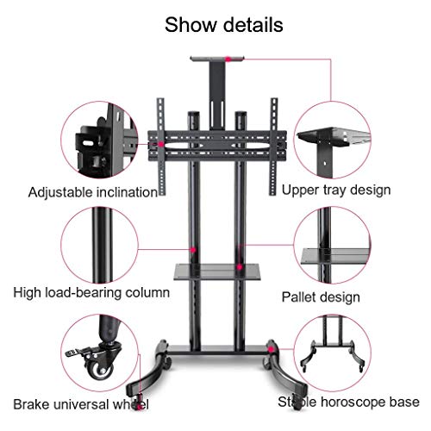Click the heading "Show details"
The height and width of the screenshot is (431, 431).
224,25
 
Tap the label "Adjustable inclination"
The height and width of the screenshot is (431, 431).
93,192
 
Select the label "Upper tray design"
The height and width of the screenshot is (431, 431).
336,190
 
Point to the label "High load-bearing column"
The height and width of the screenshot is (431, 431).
91,293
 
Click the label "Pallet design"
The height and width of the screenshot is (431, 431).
321,297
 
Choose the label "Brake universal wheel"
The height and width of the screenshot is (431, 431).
81,404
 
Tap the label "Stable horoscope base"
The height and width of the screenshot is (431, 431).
348,402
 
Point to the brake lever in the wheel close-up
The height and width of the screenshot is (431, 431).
75,352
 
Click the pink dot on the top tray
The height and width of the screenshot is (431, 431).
228,59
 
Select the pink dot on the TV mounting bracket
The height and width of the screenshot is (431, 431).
161,144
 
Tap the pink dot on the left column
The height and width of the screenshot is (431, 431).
193,250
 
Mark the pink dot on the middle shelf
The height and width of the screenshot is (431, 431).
239,267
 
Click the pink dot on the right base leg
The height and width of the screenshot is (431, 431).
271,349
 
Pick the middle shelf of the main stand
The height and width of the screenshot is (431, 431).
217,272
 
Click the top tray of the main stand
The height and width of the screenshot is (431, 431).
217,59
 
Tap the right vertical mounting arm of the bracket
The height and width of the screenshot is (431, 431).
273,147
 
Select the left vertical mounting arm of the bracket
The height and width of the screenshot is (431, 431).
161,147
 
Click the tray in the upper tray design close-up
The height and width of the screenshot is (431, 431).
334,136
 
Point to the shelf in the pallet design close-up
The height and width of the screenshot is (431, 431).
335,256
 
